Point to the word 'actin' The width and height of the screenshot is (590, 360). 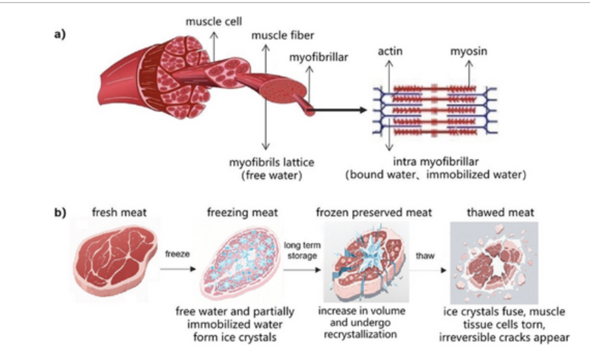(390, 52)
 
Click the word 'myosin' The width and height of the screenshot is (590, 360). (469, 52)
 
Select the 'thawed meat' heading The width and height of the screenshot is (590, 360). (494, 213)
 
